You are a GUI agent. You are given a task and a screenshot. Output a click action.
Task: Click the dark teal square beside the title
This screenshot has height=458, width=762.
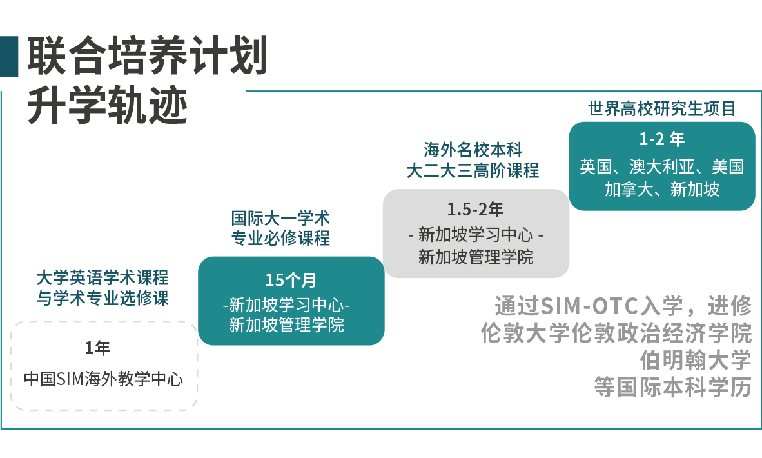(x=9, y=56)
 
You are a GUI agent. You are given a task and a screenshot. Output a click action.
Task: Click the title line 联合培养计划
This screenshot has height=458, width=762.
(x=147, y=56)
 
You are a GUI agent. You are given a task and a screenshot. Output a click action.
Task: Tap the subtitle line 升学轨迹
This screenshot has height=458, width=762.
(x=108, y=106)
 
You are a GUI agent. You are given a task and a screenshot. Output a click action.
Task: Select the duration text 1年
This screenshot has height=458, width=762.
(x=98, y=348)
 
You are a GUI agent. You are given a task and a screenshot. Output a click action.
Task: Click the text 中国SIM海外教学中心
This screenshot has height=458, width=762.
(x=104, y=379)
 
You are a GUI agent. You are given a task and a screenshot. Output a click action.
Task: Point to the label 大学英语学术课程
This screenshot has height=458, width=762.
(x=103, y=277)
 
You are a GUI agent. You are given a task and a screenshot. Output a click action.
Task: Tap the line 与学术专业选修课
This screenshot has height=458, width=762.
(x=103, y=298)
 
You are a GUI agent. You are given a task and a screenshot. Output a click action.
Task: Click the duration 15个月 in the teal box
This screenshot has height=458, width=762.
(x=291, y=280)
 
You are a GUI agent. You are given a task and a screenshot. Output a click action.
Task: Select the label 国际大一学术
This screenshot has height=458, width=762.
(x=280, y=218)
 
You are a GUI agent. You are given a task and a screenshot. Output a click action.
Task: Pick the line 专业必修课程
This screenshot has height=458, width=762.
(x=280, y=238)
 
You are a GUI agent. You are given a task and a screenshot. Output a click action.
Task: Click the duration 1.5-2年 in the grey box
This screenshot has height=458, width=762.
(x=475, y=210)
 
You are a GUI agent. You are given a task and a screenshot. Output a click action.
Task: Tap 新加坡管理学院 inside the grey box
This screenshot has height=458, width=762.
(x=476, y=257)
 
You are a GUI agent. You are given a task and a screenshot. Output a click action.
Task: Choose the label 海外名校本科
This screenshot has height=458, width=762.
(x=473, y=150)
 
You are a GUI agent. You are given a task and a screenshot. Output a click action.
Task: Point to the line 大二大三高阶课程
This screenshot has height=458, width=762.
(x=473, y=170)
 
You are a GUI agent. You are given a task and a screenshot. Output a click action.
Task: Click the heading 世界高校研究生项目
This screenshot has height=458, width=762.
(x=662, y=108)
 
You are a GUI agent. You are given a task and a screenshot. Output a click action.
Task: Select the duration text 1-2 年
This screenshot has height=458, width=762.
(x=661, y=139)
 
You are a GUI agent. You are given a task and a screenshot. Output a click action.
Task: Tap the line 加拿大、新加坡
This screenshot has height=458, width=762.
(x=662, y=188)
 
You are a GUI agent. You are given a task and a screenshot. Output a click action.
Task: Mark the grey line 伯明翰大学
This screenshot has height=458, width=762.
(x=696, y=361)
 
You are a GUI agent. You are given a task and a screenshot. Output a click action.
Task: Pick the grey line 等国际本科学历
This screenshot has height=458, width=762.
(x=673, y=388)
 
